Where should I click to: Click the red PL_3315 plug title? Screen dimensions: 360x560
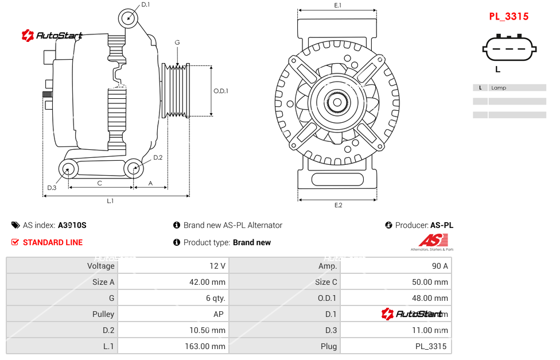[x=508, y=17]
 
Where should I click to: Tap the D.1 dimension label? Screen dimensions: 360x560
[x=145, y=5]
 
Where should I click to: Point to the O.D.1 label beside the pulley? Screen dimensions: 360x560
[x=221, y=91]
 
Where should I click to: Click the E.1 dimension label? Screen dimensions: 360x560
[x=338, y=5]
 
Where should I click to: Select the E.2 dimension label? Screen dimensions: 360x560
[x=338, y=206]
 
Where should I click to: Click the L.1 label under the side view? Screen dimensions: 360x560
[x=110, y=201]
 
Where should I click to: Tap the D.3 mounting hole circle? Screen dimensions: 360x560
[x=69, y=169]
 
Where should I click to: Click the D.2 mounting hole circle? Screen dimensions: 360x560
[x=134, y=168]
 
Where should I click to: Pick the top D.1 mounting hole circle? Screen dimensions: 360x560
[x=129, y=18]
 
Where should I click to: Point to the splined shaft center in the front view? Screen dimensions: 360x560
[x=337, y=103]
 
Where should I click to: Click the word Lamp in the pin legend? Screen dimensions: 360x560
[x=499, y=88]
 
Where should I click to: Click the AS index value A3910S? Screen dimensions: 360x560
[x=72, y=225]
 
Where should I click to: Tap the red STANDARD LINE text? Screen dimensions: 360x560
[x=53, y=242]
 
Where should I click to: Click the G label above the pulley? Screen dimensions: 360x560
[x=177, y=42]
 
